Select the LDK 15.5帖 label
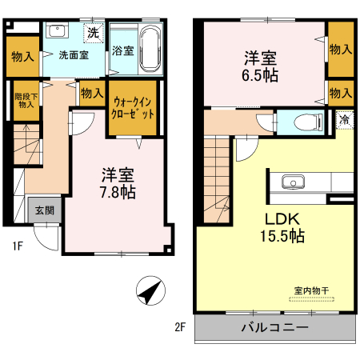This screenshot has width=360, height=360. tap(279, 226)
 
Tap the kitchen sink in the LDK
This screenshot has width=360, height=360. tap(292, 181)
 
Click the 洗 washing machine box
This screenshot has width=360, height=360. tap(94, 34)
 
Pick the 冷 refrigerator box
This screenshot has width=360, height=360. tap(343, 119)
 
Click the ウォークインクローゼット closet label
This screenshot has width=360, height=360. tap(133, 108)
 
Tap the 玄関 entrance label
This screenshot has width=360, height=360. tap(44, 211)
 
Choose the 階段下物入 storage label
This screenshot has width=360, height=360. tap(26, 99)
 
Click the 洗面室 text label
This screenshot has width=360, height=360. tap(74, 55)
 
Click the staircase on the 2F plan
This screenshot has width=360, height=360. tap(218, 177)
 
